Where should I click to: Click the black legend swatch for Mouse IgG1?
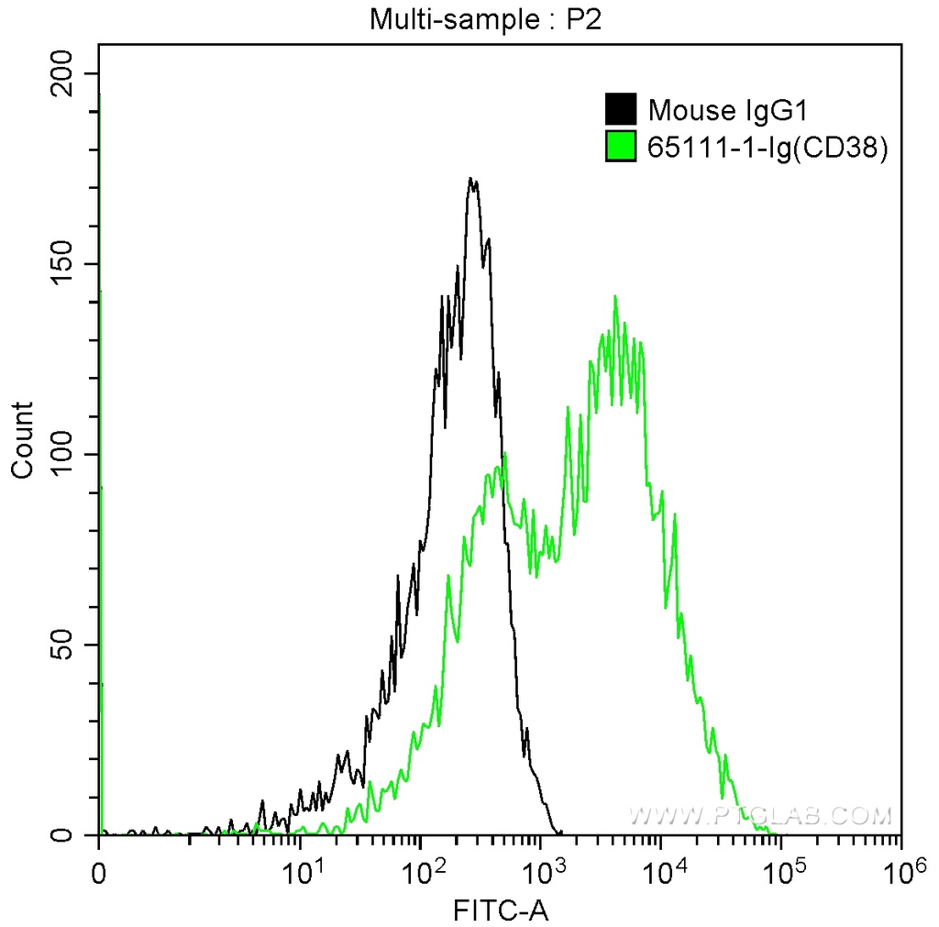[x=620, y=110]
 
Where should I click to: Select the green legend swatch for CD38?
[x=620, y=146]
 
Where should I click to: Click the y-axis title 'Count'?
[x=22, y=440]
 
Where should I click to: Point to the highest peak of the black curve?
[x=470, y=180]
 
